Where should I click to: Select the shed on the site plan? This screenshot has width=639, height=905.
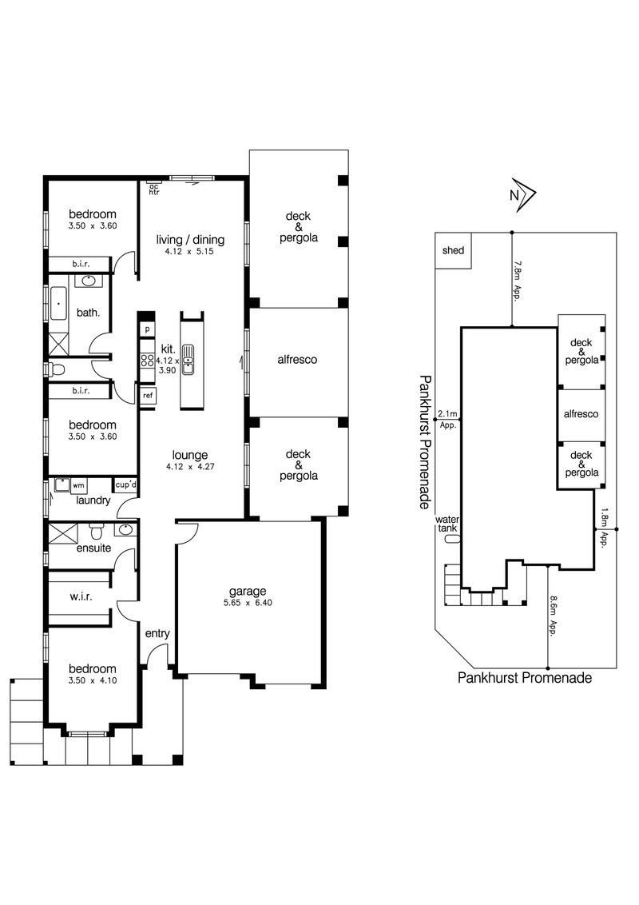pos(453,250)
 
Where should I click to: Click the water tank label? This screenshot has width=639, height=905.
pos(447,524)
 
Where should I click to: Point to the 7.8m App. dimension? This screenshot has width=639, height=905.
pos(518,278)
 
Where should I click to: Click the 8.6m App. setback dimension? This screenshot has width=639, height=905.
pos(553,616)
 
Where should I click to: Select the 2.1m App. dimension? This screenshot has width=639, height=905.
pos(447,419)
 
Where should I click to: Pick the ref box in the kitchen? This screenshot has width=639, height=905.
pos(149,395)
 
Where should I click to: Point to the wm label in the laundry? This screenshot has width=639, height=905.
pos(78,484)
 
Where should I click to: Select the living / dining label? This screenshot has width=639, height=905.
pos(190,239)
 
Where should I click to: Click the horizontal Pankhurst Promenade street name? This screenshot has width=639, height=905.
pos(525,677)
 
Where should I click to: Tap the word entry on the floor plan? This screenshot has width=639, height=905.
pos(157,634)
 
